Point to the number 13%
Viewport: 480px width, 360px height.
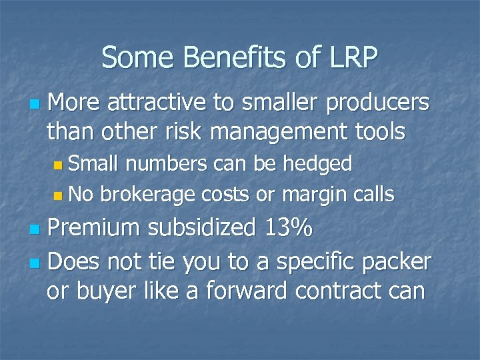(x=285, y=227)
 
